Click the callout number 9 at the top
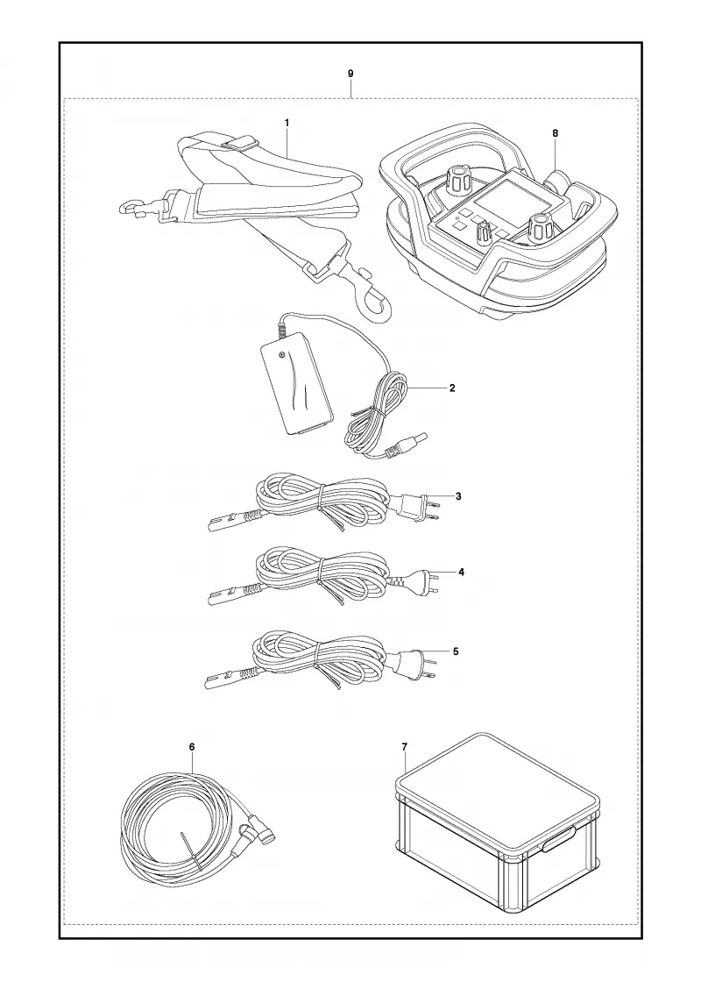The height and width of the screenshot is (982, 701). tap(350, 74)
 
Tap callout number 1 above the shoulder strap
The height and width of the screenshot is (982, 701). tap(287, 123)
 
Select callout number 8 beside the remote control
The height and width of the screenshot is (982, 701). tap(556, 132)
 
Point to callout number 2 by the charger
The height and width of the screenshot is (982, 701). tap(452, 388)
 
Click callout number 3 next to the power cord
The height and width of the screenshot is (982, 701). tap(458, 496)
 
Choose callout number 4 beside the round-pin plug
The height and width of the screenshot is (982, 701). tap(461, 572)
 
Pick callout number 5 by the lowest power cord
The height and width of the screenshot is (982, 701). tap(455, 651)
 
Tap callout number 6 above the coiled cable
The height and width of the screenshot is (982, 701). tap(192, 746)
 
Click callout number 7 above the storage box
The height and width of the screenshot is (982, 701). tap(404, 746)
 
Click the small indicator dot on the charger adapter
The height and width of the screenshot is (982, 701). tap(282, 355)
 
